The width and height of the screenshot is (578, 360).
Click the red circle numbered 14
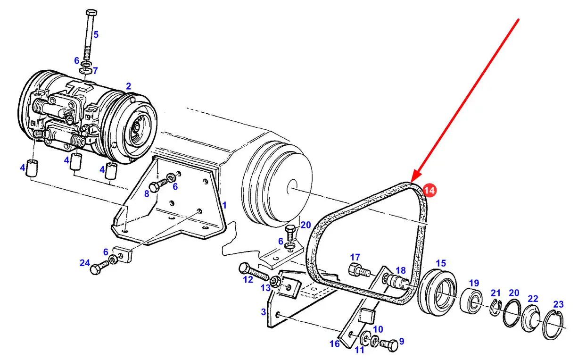click(x=429, y=191)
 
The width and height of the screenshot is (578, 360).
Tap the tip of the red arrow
click(x=411, y=183)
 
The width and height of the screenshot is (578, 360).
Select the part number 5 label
click(x=96, y=34)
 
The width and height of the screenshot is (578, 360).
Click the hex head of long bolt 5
click(x=91, y=13)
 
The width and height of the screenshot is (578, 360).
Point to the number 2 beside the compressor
click(x=129, y=86)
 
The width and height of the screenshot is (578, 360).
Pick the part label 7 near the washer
click(x=95, y=70)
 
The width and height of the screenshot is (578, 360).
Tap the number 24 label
click(x=85, y=263)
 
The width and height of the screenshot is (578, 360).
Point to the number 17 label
click(x=355, y=257)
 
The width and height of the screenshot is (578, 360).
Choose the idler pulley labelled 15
click(x=437, y=293)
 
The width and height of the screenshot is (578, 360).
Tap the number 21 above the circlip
click(x=495, y=293)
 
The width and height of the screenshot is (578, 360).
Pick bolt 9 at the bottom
click(x=389, y=344)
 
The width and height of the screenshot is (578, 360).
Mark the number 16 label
click(x=334, y=344)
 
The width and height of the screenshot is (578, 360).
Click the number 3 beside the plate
click(x=263, y=312)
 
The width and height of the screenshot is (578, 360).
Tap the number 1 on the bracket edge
click(x=224, y=205)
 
